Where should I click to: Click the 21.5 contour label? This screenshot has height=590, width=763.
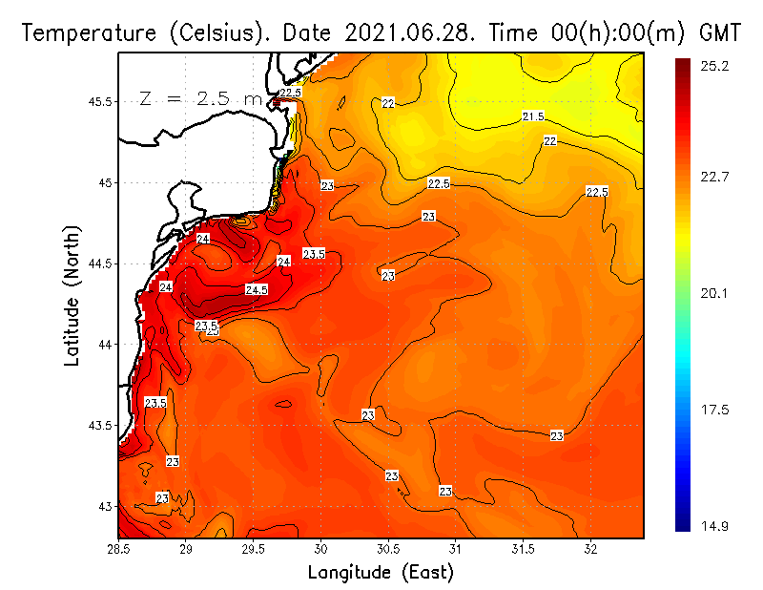click(x=533, y=116)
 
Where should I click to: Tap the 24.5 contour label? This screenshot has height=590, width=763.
click(x=257, y=289)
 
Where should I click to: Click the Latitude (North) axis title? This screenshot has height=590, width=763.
click(x=72, y=296)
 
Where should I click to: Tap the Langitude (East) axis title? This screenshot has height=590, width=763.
click(x=381, y=572)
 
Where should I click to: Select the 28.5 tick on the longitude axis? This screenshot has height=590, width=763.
click(x=119, y=549)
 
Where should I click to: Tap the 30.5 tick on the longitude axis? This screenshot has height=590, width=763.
click(x=388, y=549)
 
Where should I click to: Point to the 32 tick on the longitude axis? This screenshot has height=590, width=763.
click(x=590, y=549)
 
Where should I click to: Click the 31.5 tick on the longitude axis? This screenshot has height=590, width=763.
click(x=523, y=549)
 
